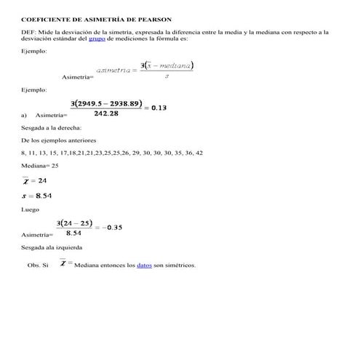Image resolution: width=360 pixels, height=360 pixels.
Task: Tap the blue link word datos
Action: (x=144, y=265)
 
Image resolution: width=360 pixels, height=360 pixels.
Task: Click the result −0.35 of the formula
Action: (x=111, y=227)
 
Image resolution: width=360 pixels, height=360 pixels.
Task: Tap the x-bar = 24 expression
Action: (x=35, y=180)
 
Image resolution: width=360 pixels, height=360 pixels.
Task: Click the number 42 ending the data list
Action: (x=199, y=153)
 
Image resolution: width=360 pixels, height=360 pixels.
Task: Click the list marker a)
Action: (x=25, y=115)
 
